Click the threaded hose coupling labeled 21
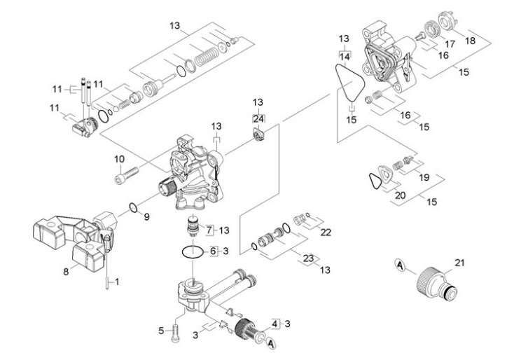pyautogui.click(x=438, y=283)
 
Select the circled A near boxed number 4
pyautogui.click(x=270, y=342)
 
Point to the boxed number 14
pyautogui.click(x=344, y=55)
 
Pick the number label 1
pyautogui.click(x=117, y=282)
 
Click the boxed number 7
pyautogui.click(x=208, y=230)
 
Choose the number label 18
pyautogui.click(x=470, y=41)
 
